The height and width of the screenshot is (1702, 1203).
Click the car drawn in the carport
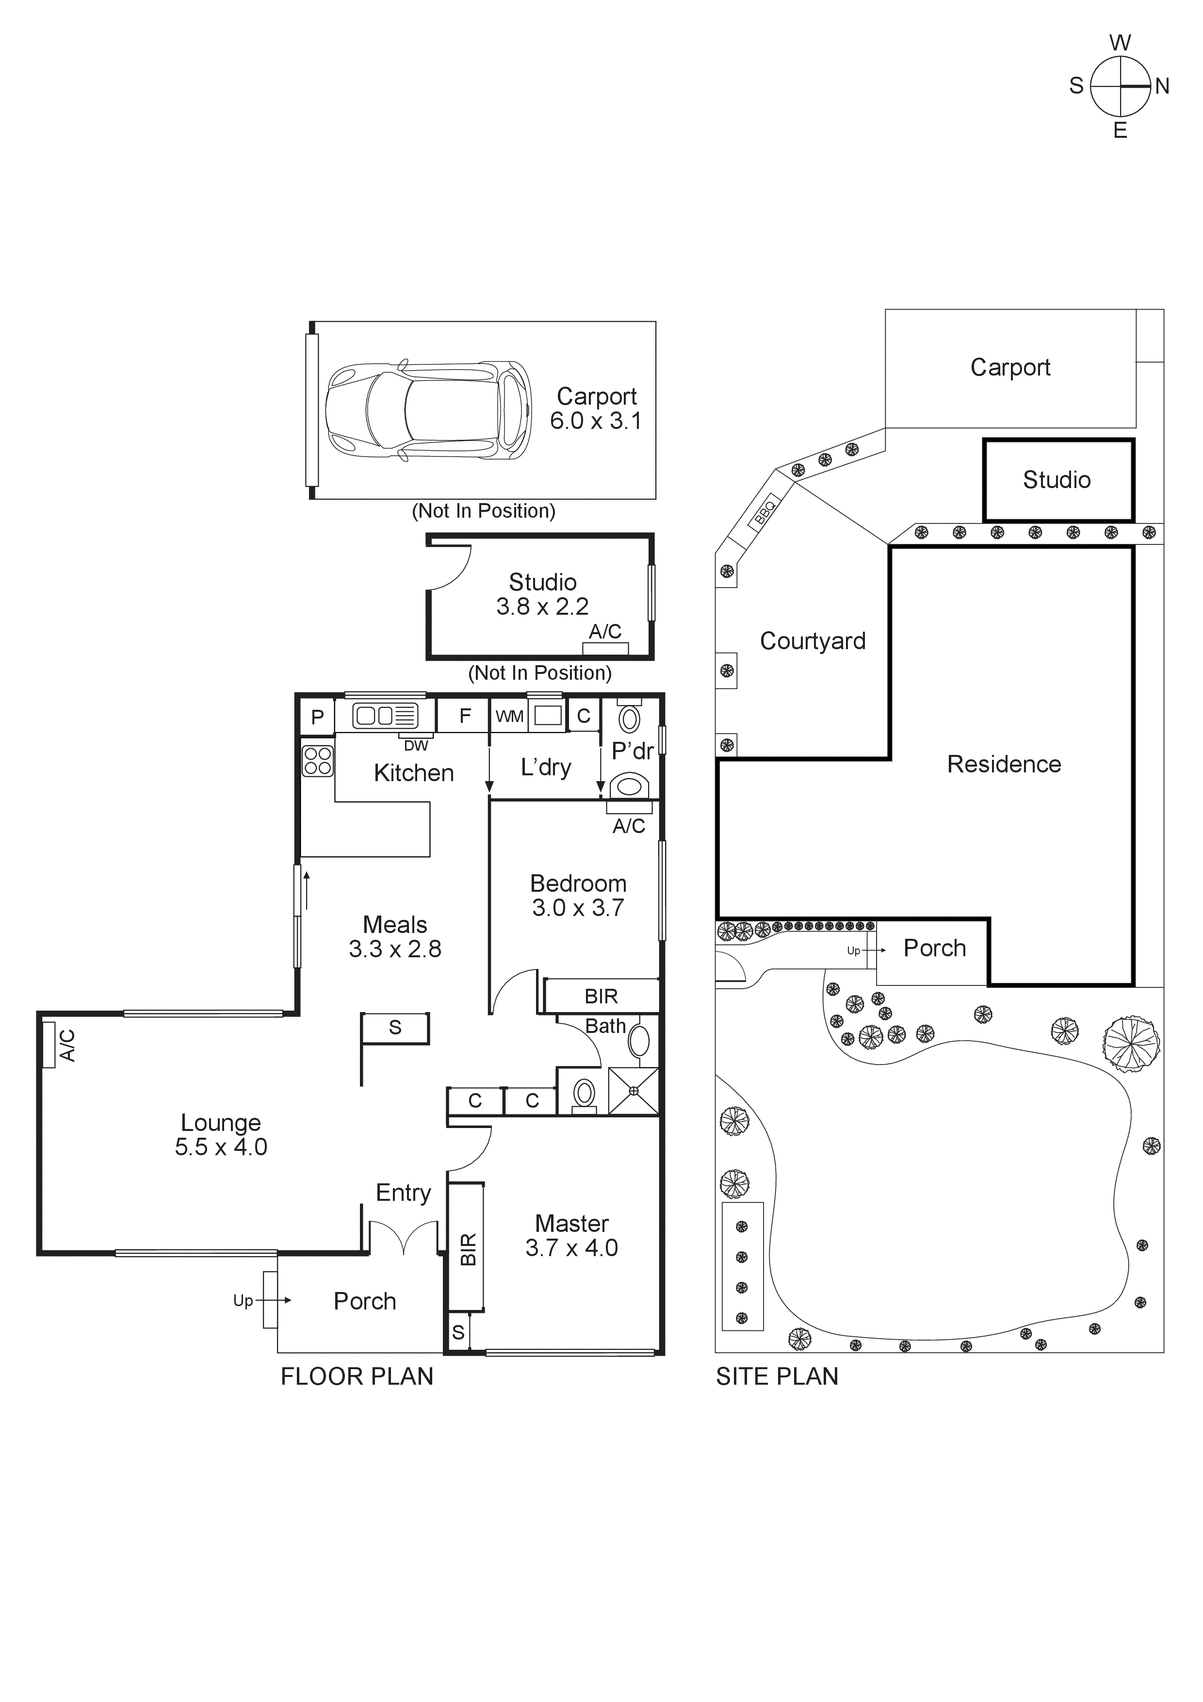click(428, 410)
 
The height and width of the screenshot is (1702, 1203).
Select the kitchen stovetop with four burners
click(318, 761)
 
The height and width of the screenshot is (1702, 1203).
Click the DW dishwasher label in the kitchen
click(416, 746)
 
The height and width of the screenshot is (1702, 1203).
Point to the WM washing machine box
click(509, 716)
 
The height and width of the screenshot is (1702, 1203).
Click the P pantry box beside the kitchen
click(317, 717)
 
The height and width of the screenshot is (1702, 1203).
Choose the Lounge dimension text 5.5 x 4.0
click(221, 1147)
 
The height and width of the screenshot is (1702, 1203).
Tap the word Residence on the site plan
click(1004, 764)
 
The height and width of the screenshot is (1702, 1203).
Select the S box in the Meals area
click(395, 1028)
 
